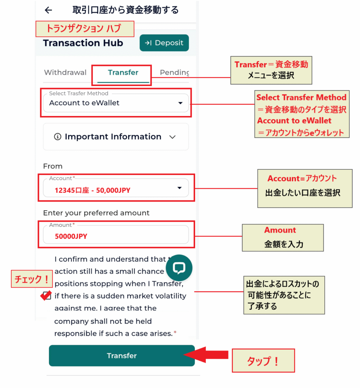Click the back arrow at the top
click(x=48, y=10)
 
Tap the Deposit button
click(x=164, y=43)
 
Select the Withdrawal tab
click(x=65, y=72)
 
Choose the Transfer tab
click(x=123, y=72)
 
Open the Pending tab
click(x=174, y=72)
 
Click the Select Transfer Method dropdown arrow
click(x=180, y=103)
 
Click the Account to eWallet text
click(x=84, y=103)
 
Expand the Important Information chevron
click(x=172, y=137)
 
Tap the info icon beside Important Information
click(x=58, y=137)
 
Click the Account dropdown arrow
click(x=180, y=188)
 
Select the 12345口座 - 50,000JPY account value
click(x=92, y=190)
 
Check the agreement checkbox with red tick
click(x=47, y=295)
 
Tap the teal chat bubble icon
click(x=179, y=268)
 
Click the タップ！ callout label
click(x=263, y=361)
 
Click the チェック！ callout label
click(x=31, y=279)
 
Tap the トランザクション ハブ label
click(x=85, y=29)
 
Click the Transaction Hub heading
click(x=83, y=43)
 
